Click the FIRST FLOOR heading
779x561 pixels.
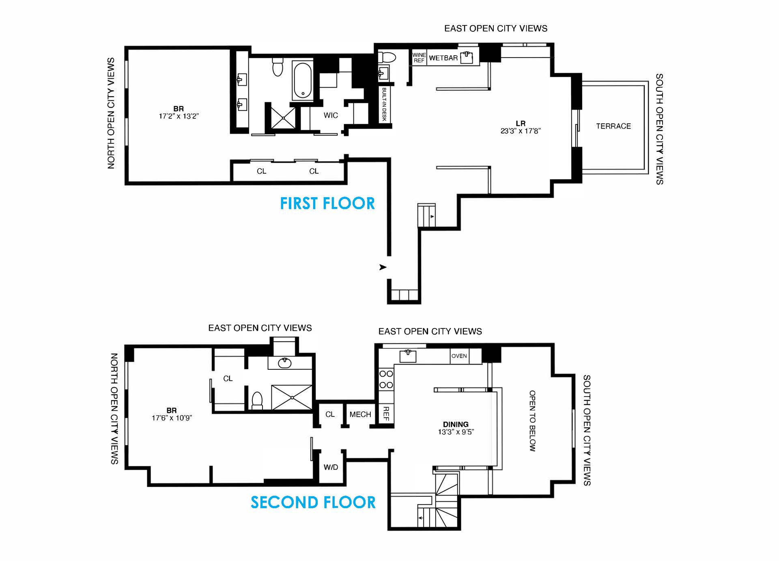pyautogui.click(x=327, y=203)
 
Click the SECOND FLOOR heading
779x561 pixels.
pyautogui.click(x=313, y=503)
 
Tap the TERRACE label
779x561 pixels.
pyautogui.click(x=613, y=126)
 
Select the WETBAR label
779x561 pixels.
pyautogui.click(x=443, y=58)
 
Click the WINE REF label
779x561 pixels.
pyautogui.click(x=419, y=58)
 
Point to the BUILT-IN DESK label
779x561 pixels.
pyautogui.click(x=384, y=104)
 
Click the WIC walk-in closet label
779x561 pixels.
pyautogui.click(x=331, y=115)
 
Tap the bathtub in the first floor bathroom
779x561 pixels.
pyautogui.click(x=302, y=80)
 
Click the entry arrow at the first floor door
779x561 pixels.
pyautogui.click(x=383, y=267)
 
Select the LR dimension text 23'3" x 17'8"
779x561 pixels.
pyautogui.click(x=520, y=131)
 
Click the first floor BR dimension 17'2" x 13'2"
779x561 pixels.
pyautogui.click(x=179, y=116)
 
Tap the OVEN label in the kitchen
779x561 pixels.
pyautogui.click(x=459, y=356)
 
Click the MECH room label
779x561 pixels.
pyautogui.click(x=360, y=414)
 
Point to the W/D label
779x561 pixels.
pyautogui.click(x=331, y=467)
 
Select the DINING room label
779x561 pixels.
pyautogui.click(x=456, y=424)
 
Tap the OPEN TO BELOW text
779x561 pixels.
pyautogui.click(x=532, y=421)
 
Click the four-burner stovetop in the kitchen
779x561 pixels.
pyautogui.click(x=386, y=379)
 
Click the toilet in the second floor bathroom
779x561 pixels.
pyautogui.click(x=257, y=400)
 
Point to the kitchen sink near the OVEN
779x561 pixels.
pyautogui.click(x=408, y=356)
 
